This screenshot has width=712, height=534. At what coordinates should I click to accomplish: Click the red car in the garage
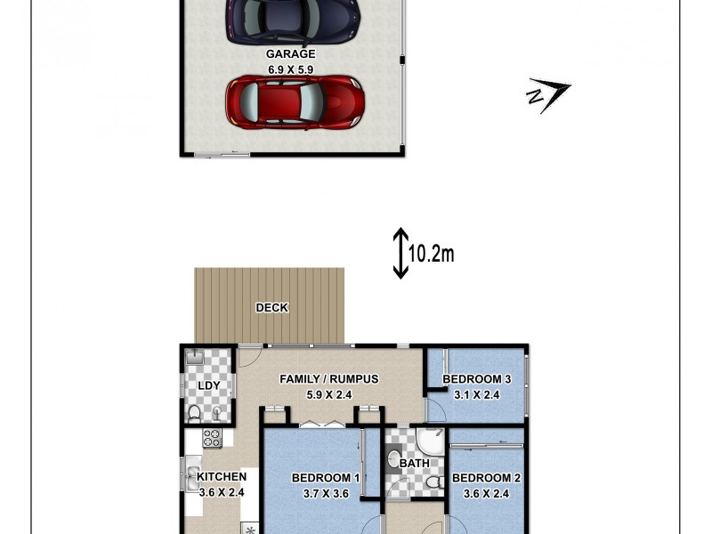click(295, 101)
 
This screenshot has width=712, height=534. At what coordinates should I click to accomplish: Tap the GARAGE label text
click(291, 54)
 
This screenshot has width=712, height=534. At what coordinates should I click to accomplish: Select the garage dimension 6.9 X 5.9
click(291, 69)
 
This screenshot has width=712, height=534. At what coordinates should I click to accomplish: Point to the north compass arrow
click(548, 93)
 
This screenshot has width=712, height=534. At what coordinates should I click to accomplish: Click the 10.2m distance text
click(432, 254)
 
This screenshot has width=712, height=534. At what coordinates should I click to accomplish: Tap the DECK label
click(271, 308)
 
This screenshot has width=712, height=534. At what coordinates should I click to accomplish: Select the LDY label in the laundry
click(209, 385)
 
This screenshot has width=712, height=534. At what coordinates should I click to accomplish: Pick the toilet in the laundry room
click(195, 414)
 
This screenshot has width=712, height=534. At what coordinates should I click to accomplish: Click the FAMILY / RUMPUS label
click(329, 379)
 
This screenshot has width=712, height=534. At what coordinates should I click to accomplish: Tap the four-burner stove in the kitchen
click(212, 438)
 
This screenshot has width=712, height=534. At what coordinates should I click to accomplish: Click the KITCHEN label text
click(222, 477)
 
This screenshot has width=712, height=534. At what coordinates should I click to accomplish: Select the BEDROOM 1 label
click(326, 478)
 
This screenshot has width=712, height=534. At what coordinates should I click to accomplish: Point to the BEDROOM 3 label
click(477, 379)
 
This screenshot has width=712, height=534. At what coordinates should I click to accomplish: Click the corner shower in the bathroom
click(431, 442)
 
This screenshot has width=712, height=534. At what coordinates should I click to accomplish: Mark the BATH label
click(415, 463)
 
